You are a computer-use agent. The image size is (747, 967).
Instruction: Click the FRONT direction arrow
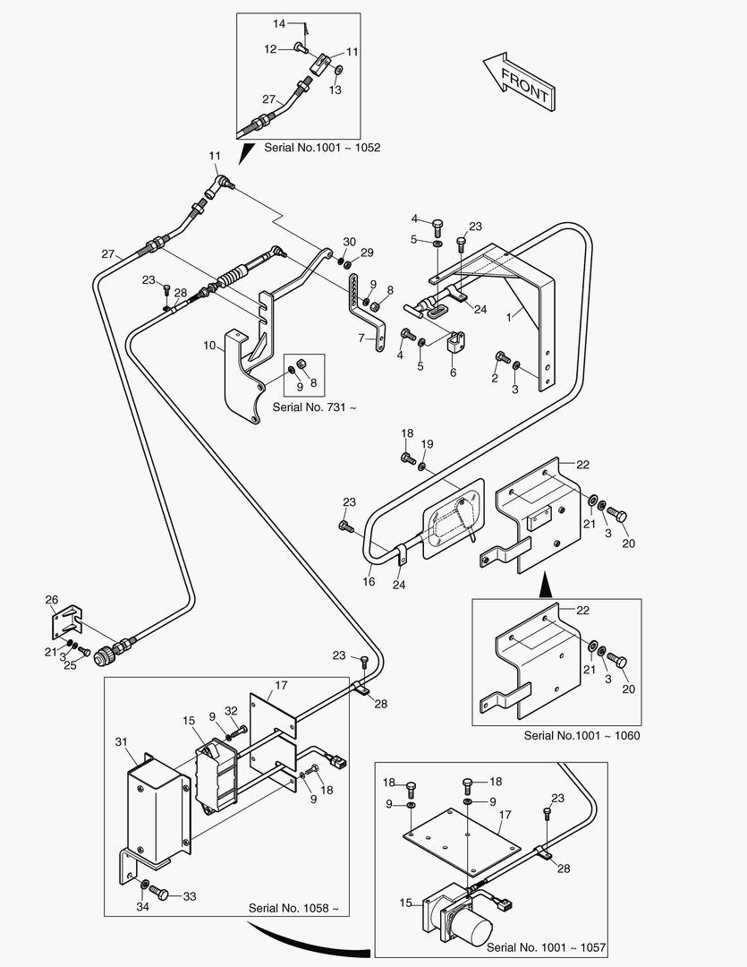[x=520, y=81]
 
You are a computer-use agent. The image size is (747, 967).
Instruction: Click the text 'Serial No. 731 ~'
[x=313, y=407]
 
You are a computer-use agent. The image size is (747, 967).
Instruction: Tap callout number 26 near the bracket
[x=52, y=600]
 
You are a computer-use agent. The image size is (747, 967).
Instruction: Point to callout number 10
[x=208, y=346]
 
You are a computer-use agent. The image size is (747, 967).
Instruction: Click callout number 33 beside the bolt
[x=189, y=894]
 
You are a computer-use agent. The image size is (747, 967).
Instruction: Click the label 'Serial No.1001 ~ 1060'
[x=582, y=736]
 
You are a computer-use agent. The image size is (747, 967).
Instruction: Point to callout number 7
[x=361, y=338]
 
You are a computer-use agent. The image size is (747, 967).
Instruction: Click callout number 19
[x=427, y=444]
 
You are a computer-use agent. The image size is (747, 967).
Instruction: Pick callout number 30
[x=349, y=242]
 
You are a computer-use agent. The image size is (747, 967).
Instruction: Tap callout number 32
[x=231, y=710]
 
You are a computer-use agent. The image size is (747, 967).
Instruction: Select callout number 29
[x=367, y=253]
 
